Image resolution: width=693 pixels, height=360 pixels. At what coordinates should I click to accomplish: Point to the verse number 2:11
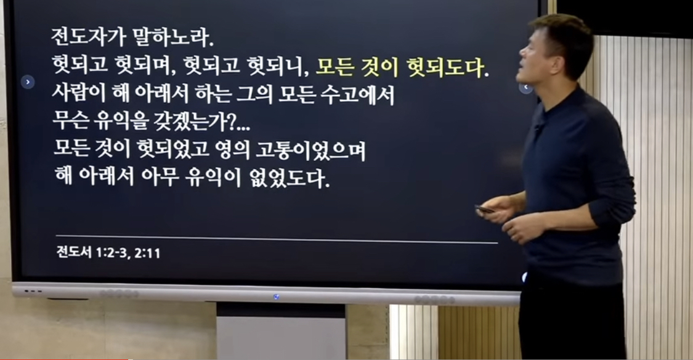(x=148, y=253)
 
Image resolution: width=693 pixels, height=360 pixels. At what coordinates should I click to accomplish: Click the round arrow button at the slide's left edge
(x=28, y=82)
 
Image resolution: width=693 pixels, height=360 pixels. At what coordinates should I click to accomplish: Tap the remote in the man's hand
(x=485, y=209)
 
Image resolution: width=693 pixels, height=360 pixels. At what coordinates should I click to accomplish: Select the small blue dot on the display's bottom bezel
(x=276, y=297)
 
